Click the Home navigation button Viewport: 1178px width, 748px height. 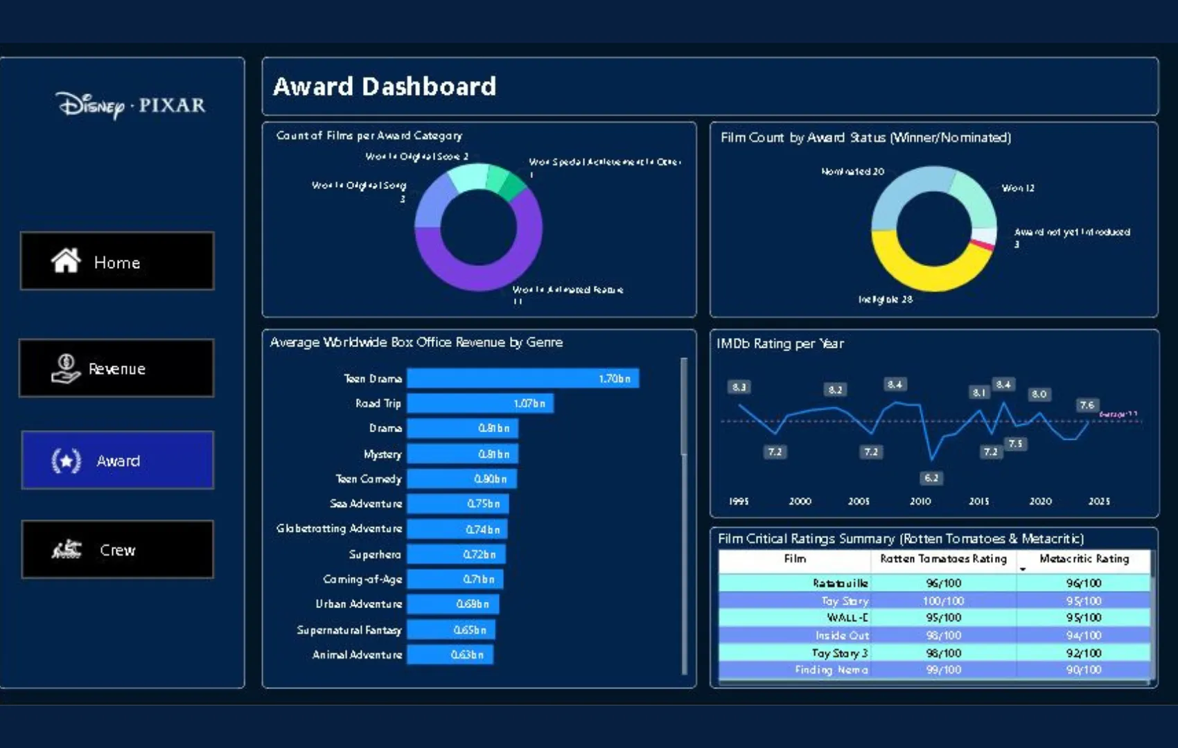(117, 261)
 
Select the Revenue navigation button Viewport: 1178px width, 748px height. (116, 368)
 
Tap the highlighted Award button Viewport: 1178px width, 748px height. (117, 461)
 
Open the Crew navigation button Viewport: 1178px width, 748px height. (117, 549)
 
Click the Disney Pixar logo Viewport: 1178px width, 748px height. (131, 105)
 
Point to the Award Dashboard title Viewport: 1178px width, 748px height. (385, 87)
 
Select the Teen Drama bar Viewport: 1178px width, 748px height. (522, 379)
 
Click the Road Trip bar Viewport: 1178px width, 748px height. (480, 403)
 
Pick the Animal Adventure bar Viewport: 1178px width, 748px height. (450, 654)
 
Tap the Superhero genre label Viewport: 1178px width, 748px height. (374, 554)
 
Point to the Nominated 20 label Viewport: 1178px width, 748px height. (852, 172)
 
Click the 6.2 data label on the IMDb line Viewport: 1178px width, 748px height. (931, 478)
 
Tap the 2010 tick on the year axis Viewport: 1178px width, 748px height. (920, 501)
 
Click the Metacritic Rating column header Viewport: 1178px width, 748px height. (1084, 559)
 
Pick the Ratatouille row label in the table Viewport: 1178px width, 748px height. (840, 583)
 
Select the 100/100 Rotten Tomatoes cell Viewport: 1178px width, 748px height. (943, 601)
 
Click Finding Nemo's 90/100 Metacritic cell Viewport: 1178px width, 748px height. (1083, 670)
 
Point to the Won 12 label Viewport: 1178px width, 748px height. (1017, 188)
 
